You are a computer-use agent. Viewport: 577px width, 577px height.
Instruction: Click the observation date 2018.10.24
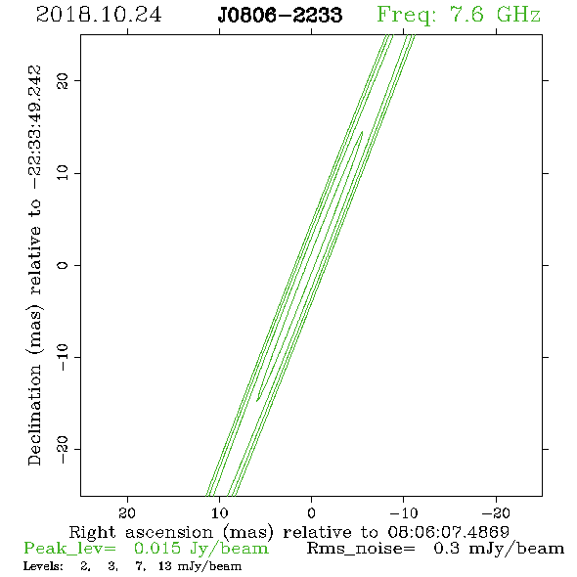[99, 15]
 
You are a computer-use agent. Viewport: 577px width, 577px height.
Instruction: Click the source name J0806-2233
[280, 15]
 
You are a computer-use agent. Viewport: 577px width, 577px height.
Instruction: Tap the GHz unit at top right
[518, 15]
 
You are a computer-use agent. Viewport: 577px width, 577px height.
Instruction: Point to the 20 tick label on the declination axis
[63, 80]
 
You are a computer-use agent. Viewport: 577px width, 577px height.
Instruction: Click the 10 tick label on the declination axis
[63, 173]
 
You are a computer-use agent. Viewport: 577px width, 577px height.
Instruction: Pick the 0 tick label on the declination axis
[63, 265]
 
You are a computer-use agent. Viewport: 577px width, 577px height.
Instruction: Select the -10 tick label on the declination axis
[63, 357]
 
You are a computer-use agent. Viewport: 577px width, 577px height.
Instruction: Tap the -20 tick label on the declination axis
[63, 449]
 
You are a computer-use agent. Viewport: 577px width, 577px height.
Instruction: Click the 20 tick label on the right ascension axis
[127, 512]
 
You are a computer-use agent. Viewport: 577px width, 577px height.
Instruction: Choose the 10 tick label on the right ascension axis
[220, 512]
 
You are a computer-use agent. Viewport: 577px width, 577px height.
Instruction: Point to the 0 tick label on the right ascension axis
[312, 512]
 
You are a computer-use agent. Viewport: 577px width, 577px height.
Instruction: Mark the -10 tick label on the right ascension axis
[404, 512]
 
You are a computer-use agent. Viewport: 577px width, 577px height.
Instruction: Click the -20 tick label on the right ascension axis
[496, 512]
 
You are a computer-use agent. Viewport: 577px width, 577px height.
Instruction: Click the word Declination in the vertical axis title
[34, 415]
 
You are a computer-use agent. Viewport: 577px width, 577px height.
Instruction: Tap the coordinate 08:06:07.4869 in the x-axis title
[449, 532]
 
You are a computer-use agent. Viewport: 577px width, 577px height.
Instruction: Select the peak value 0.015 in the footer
[157, 549]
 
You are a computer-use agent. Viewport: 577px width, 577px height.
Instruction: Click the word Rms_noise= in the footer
[361, 549]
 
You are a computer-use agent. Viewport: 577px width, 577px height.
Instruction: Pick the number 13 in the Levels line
[165, 566]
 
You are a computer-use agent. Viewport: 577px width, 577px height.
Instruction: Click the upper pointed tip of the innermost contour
[363, 132]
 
